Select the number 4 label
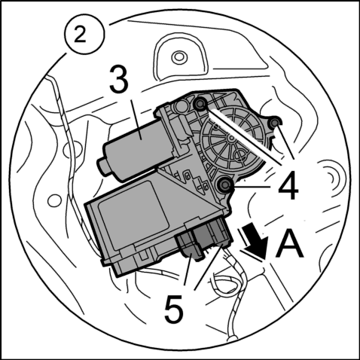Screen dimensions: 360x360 pyautogui.click(x=288, y=186)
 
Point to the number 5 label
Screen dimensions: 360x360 pyautogui.click(x=174, y=309)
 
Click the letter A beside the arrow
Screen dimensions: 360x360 pyautogui.click(x=289, y=243)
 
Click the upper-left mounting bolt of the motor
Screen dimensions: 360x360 pyautogui.click(x=201, y=103)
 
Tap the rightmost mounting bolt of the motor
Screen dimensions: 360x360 pyautogui.click(x=275, y=123)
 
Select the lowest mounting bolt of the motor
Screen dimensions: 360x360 pyautogui.click(x=225, y=185)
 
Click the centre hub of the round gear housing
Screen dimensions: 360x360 pyautogui.click(x=230, y=138)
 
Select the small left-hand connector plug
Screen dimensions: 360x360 pyautogui.click(x=190, y=246)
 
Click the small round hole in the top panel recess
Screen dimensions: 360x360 pyautogui.click(x=179, y=56)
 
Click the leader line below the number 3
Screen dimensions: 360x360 pyautogui.click(x=135, y=120)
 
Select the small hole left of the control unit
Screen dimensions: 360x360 pyautogui.click(x=55, y=201)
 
